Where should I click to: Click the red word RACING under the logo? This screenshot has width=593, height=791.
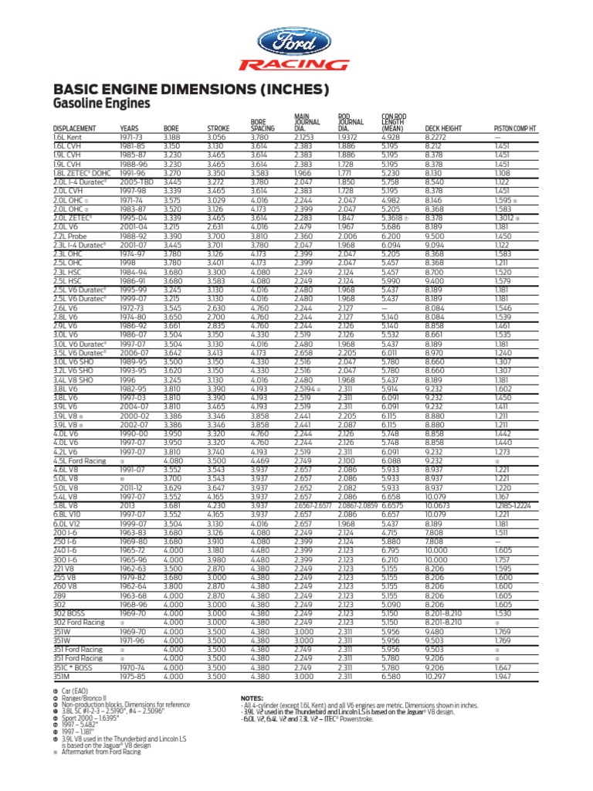[x=294, y=65]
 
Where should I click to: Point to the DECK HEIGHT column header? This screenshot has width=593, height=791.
[x=443, y=128]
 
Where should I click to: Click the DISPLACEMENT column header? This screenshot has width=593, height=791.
[x=74, y=128]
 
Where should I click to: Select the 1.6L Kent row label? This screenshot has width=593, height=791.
[x=68, y=136]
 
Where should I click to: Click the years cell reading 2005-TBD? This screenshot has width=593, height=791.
[x=137, y=181]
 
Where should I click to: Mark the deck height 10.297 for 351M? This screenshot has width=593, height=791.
[x=437, y=676]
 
